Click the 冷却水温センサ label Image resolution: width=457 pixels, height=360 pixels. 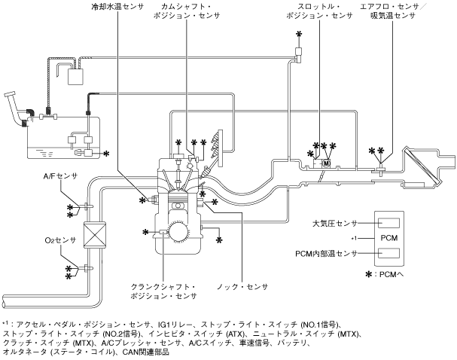tap(117, 7)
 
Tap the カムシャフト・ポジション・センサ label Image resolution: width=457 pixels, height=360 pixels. tap(187, 11)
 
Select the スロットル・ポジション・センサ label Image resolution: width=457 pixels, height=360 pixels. tap(319, 11)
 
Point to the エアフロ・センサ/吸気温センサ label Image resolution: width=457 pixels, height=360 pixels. tap(393, 11)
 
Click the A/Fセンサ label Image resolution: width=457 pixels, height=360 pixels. tap(61, 176)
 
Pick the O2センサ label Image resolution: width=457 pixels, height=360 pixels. tap(60, 240)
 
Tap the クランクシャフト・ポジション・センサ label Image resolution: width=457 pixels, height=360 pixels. tap(163, 291)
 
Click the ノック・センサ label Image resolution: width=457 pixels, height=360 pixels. tap(242, 287)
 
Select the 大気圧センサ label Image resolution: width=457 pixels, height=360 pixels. tap(334, 224)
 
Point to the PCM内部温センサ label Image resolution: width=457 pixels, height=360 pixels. tap(327, 254)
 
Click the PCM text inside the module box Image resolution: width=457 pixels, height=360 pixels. tap(389, 238)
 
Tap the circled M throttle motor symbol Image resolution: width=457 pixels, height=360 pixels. tap(327, 163)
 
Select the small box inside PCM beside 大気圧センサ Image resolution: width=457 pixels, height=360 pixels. tap(388, 223)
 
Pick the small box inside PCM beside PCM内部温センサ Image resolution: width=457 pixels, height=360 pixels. tap(388, 253)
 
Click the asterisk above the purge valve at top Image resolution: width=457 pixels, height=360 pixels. tap(299, 35)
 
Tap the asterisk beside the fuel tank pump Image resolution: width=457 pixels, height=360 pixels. tap(107, 154)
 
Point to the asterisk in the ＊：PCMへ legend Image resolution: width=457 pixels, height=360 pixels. tap(369, 274)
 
